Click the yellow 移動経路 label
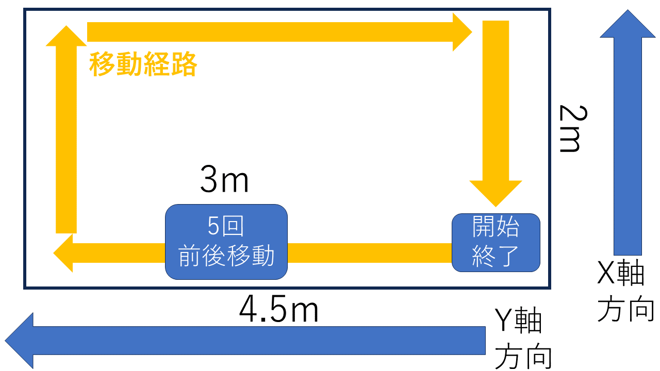(x=143, y=64)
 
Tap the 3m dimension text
(x=224, y=179)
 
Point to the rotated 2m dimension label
(x=573, y=129)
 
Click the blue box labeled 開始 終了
(x=496, y=243)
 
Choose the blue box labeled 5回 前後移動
(x=226, y=242)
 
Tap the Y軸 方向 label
(x=523, y=339)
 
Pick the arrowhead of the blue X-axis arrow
(x=628, y=24)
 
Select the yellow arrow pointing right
(x=279, y=32)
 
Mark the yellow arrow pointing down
(x=496, y=114)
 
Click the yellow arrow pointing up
(x=67, y=129)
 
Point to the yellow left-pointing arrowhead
(x=63, y=253)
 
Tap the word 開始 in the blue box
(x=496, y=227)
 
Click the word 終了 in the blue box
(x=496, y=256)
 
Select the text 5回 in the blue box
(x=226, y=226)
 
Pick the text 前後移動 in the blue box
(x=226, y=256)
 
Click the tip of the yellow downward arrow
(x=496, y=207)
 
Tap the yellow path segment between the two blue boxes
(x=370, y=253)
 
